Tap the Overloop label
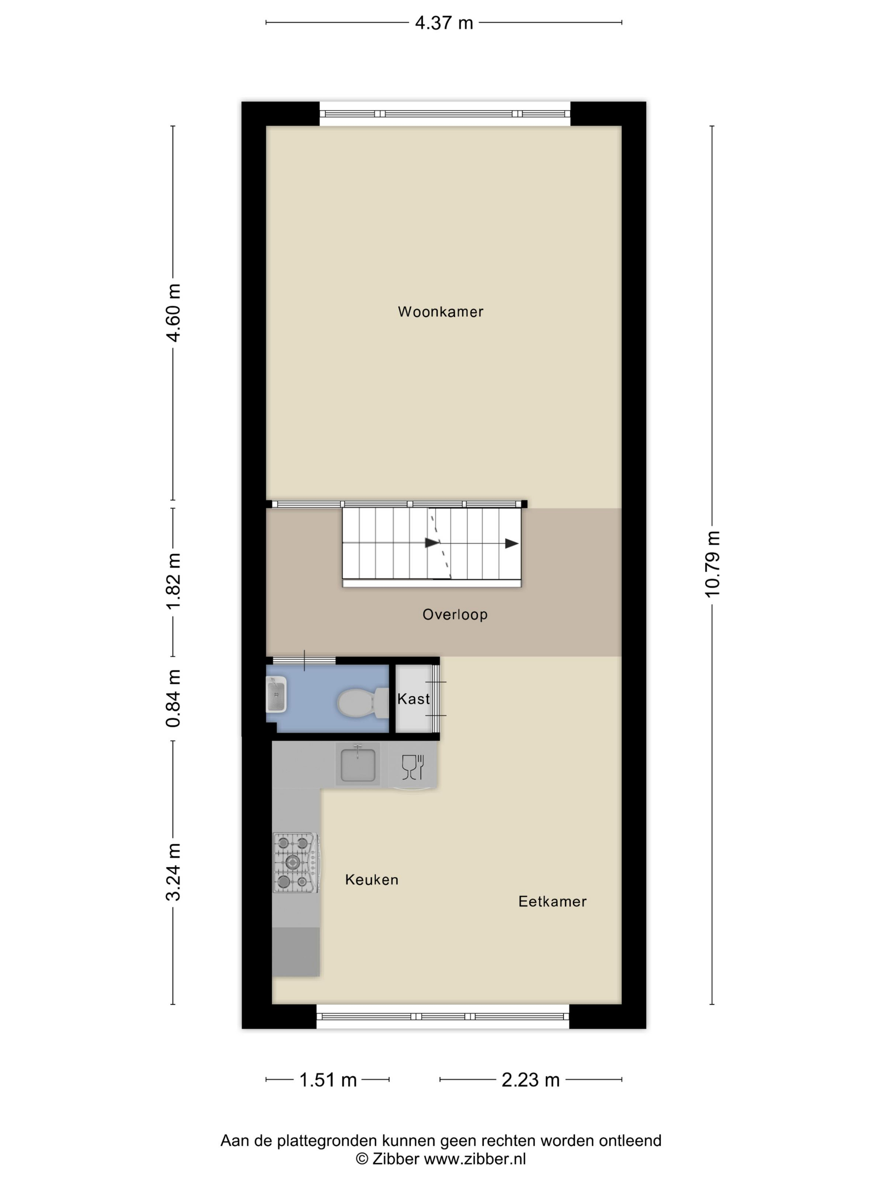pos(454,614)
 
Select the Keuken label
pos(371,880)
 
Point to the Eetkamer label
pos(552,901)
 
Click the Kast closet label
pos(413,699)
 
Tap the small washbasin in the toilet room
pos(276,694)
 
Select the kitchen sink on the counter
pos(358,764)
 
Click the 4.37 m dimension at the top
pos(444,23)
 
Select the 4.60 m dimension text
pos(173,313)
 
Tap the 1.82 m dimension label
pos(173,582)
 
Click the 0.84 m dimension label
pos(173,698)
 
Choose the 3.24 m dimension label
pos(173,873)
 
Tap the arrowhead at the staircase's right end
pos(512,544)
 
